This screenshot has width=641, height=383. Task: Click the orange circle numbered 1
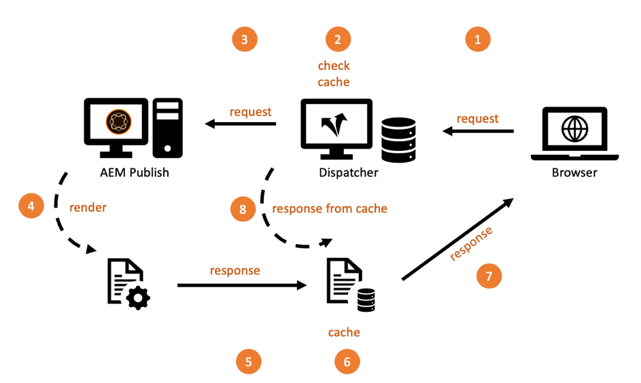tap(477, 39)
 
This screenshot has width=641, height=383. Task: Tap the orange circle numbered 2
tap(338, 39)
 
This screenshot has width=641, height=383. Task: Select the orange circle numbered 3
tap(245, 39)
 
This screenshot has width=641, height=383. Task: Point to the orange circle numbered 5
tap(248, 362)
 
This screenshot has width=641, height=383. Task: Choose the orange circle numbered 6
tap(347, 362)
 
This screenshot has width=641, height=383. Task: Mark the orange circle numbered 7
tap(489, 276)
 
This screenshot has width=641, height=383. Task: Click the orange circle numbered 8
tap(243, 209)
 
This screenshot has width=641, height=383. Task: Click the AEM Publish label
tap(133, 172)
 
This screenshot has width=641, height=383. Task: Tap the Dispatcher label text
tap(348, 172)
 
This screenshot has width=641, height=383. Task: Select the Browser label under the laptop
tap(574, 172)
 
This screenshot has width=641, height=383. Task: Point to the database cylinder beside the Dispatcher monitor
tap(398, 139)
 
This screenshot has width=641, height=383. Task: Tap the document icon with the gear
tap(128, 285)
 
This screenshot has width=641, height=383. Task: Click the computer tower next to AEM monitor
tap(167, 128)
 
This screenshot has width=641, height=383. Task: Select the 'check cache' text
tap(334, 74)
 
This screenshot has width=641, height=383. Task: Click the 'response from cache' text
tap(330, 208)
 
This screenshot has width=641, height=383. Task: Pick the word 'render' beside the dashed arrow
tap(88, 207)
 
